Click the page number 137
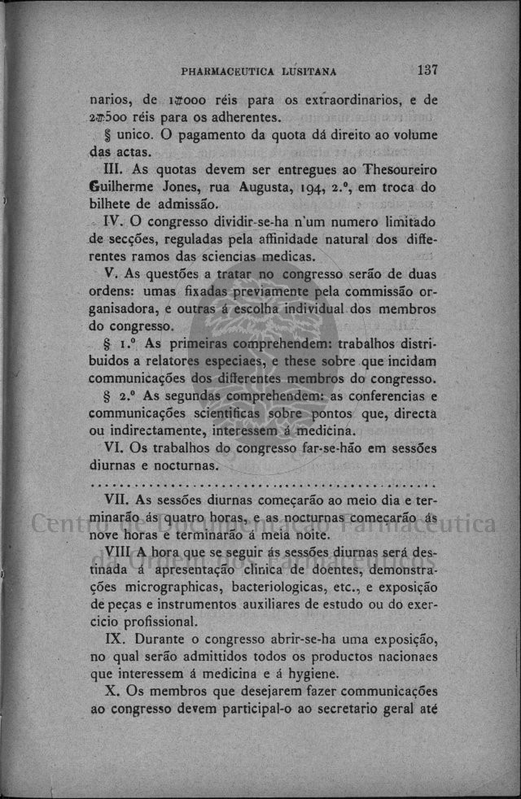(x=427, y=70)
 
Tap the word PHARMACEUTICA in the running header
(x=231, y=72)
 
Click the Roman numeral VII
(x=117, y=500)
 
